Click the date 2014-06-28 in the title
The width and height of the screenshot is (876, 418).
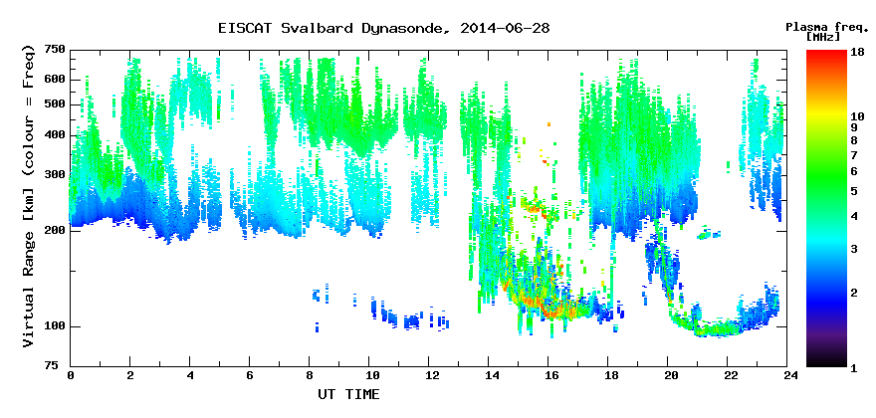[505, 28]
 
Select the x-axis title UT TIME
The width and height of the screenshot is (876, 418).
[348, 394]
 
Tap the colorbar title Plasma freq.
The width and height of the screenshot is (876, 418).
[826, 27]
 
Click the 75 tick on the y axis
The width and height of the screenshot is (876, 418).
[59, 366]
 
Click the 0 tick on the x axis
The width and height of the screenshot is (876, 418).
[71, 376]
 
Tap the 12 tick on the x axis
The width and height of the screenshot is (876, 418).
[428, 376]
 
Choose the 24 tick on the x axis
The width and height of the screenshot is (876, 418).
[787, 376]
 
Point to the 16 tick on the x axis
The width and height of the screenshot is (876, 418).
[548, 376]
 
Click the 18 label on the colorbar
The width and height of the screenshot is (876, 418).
[857, 53]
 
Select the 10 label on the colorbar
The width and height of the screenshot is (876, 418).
[857, 116]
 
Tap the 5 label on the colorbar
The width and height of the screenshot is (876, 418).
[854, 192]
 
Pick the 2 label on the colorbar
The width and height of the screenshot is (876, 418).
[854, 293]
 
